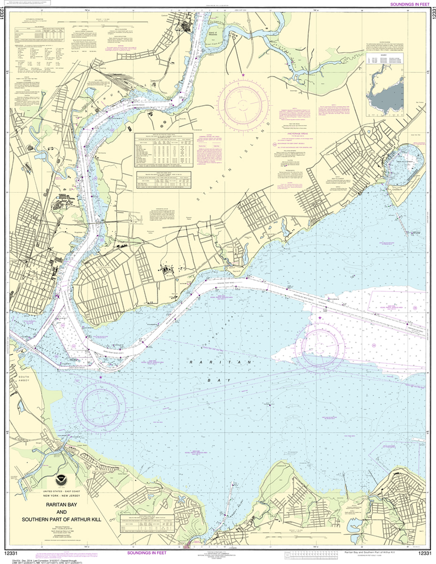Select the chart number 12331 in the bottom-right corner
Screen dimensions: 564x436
pyautogui.click(x=424, y=553)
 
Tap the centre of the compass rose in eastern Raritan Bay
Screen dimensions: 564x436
pyautogui.click(x=320, y=345)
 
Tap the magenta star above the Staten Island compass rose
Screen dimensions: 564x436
pyautogui.click(x=243, y=75)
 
